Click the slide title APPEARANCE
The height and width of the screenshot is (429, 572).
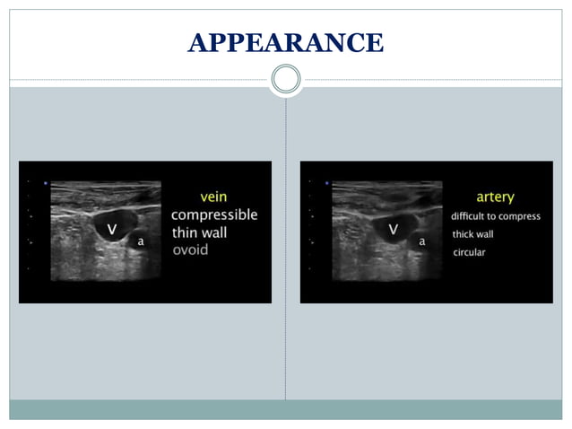(286, 42)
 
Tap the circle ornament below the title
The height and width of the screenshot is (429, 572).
(286, 80)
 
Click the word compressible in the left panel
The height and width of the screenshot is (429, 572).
(214, 214)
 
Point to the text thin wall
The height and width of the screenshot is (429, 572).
(199, 232)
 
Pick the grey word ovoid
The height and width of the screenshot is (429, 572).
(190, 250)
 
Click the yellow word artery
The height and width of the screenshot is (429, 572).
(495, 197)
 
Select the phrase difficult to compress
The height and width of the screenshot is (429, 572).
(496, 216)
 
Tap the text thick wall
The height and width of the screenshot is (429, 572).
(472, 234)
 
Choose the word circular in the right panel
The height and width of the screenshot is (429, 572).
(469, 252)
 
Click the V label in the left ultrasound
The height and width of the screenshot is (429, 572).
(112, 229)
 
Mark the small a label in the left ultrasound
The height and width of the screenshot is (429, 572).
(140, 241)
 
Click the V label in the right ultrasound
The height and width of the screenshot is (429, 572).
(393, 229)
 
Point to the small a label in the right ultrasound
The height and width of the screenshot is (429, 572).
(421, 241)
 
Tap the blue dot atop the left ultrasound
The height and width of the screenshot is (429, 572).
(46, 184)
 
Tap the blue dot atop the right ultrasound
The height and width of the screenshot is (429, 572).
(327, 184)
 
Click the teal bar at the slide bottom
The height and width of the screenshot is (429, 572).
(286, 409)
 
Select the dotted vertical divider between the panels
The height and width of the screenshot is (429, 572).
(286, 269)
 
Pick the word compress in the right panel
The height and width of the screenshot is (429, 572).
(522, 216)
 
